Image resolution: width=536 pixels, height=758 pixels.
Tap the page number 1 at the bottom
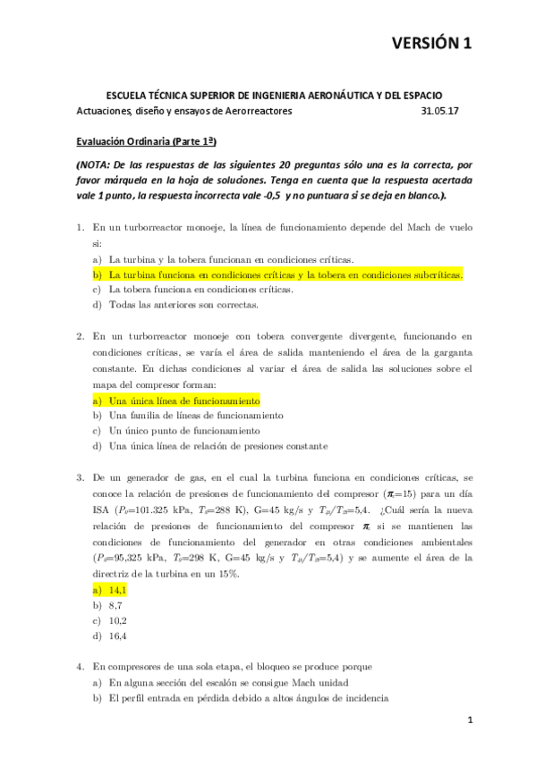tap(468, 720)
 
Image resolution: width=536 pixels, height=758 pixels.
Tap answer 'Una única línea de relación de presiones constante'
tap(218, 446)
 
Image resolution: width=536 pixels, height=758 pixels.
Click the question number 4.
tap(80, 666)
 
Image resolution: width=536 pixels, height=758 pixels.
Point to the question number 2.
tap(80, 336)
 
